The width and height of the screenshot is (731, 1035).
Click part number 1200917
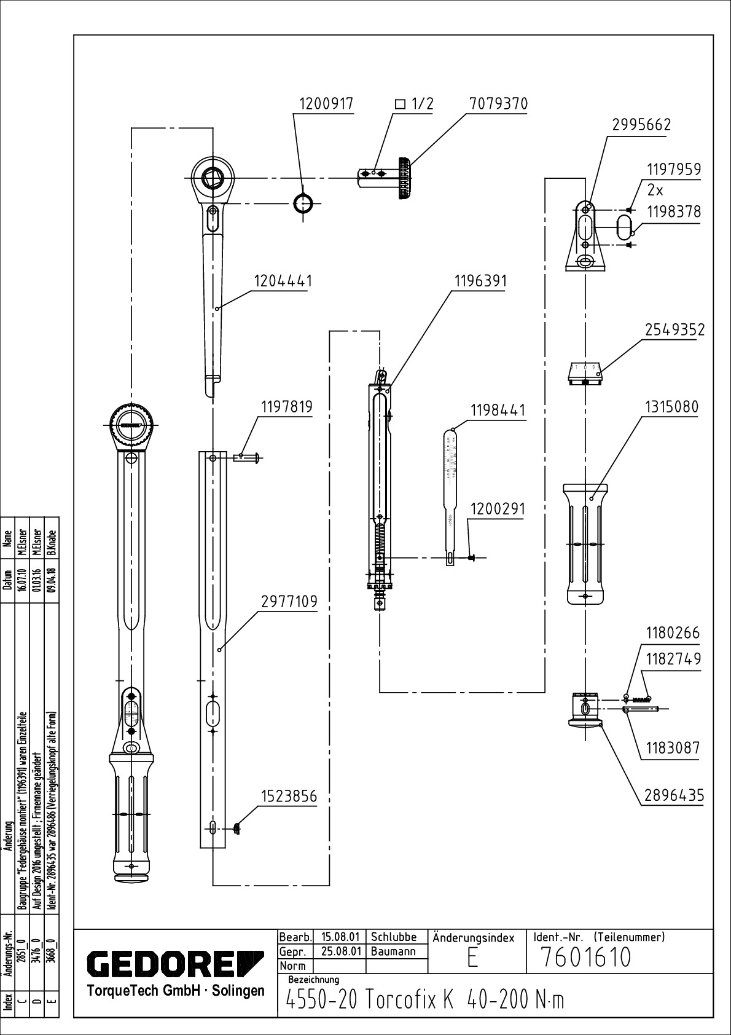point(326,104)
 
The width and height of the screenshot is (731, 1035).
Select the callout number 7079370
point(498,104)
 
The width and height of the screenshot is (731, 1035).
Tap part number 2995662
point(641,125)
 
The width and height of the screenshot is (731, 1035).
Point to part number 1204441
point(283,281)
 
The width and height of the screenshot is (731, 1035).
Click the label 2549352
point(674,330)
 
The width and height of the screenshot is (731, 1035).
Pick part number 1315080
point(671,407)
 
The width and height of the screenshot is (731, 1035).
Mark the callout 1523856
point(289,797)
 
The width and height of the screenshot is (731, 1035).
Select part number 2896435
point(674,796)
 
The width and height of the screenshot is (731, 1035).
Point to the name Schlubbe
point(394,937)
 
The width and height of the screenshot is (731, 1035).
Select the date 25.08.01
point(340,951)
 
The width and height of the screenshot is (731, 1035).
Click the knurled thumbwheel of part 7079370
point(404,178)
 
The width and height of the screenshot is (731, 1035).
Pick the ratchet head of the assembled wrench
point(131,425)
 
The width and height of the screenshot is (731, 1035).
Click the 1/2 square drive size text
point(415,104)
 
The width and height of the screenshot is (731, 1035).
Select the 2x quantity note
point(655,191)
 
